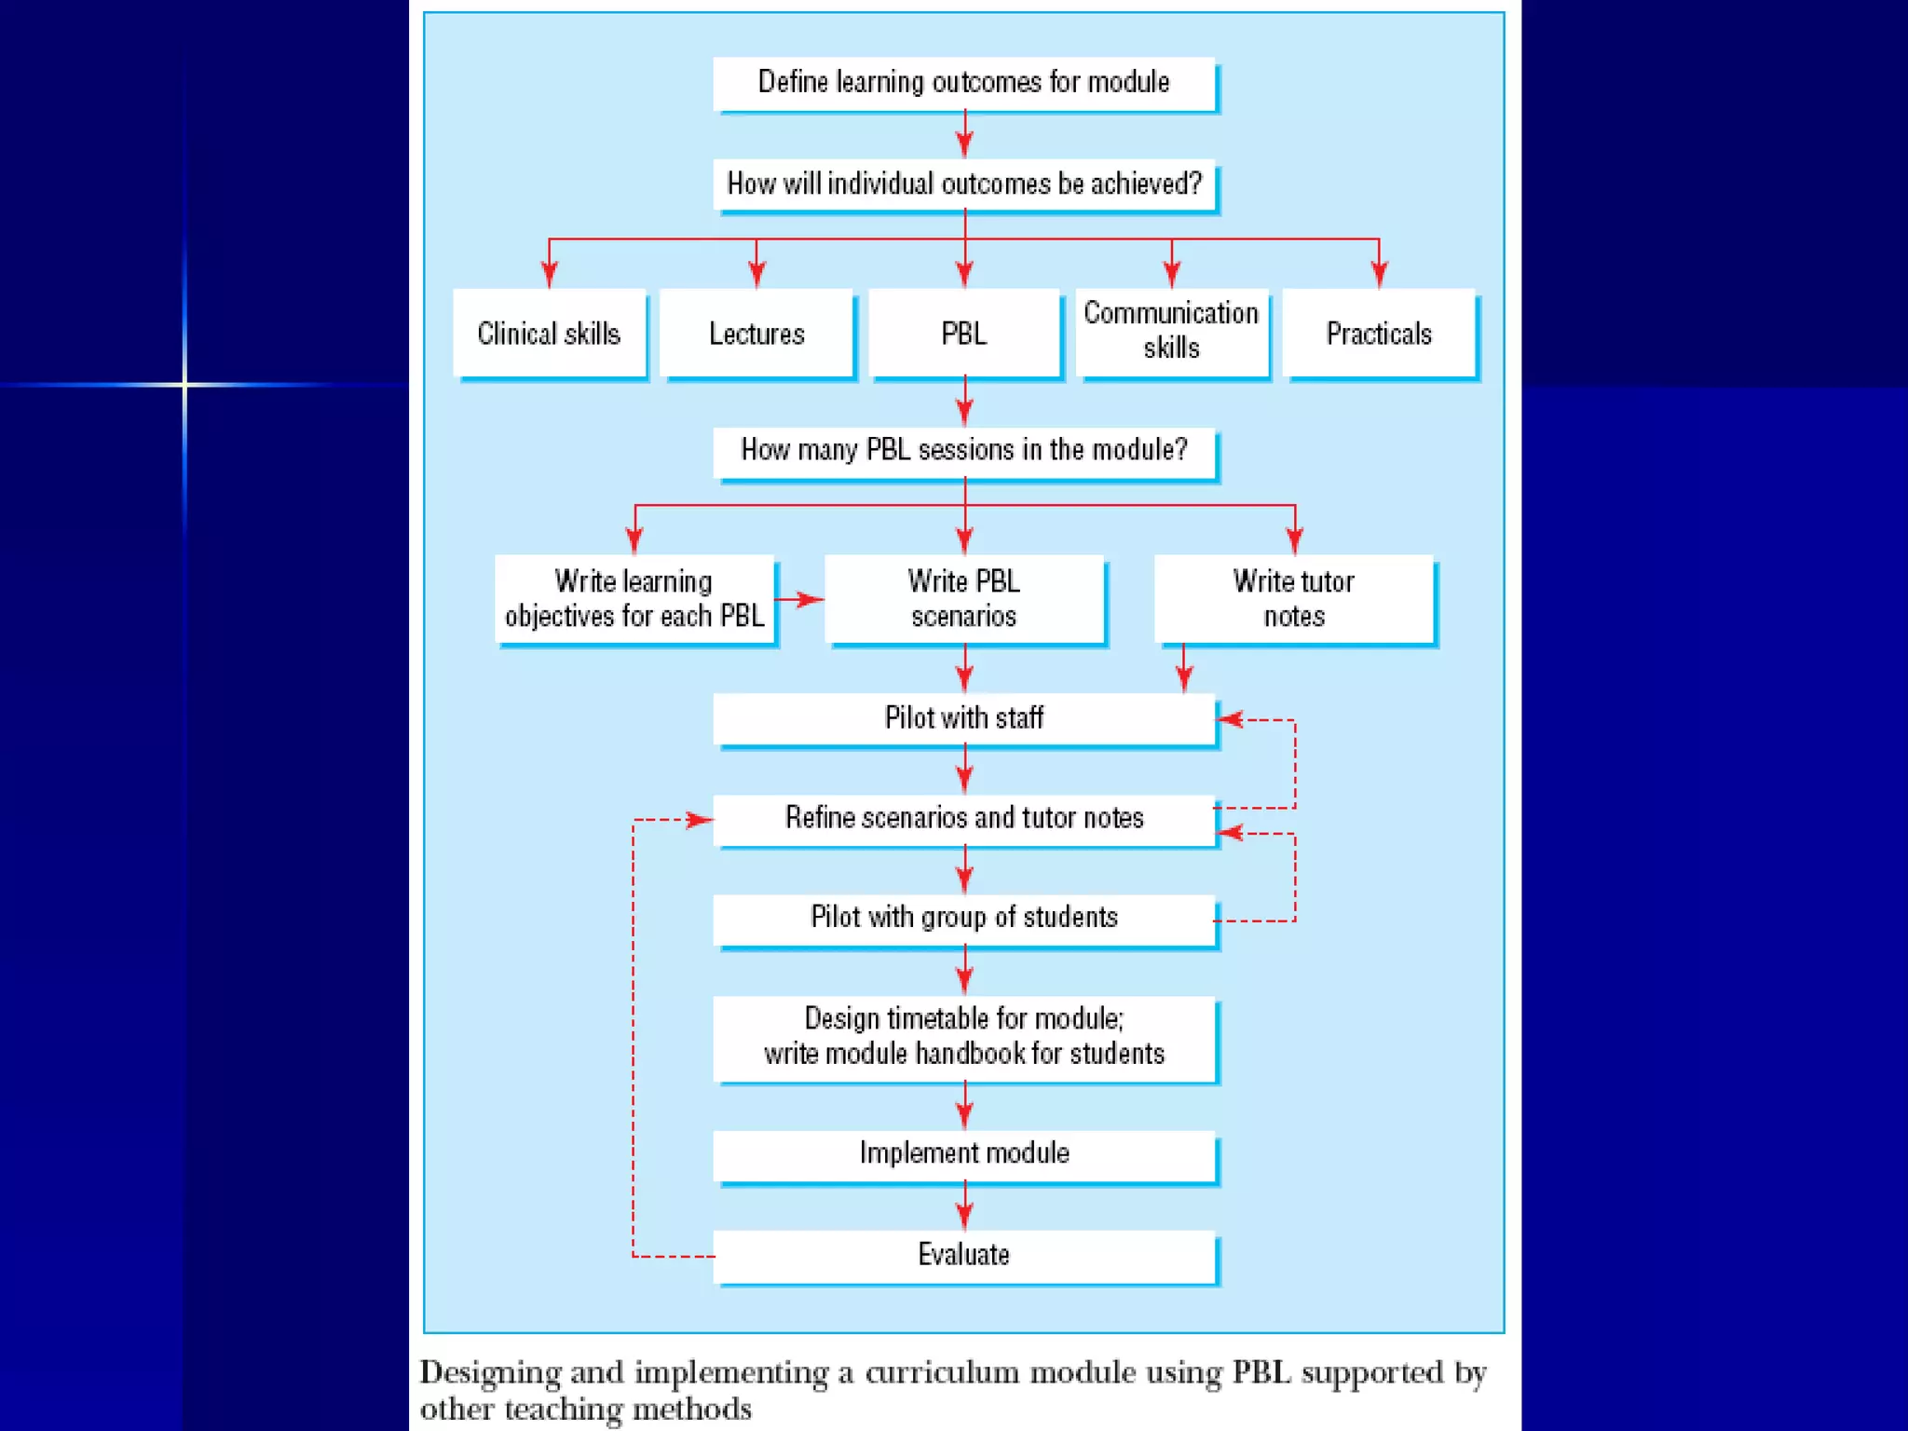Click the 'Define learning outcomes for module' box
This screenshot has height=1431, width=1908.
[x=963, y=83]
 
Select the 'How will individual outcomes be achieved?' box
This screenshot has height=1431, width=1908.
[x=963, y=184]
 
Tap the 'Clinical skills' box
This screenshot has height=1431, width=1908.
[x=549, y=333]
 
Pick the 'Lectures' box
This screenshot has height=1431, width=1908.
[x=756, y=333]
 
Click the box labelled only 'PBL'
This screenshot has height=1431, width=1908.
[x=963, y=333]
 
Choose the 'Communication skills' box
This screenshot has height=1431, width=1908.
[x=1171, y=331]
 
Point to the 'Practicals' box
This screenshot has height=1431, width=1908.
[x=1379, y=333]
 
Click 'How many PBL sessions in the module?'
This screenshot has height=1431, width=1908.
[x=963, y=450]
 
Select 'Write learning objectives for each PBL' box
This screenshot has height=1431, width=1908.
[x=634, y=598]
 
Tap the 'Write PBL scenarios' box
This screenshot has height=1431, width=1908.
[x=963, y=598]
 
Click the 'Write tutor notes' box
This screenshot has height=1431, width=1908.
[x=1293, y=598]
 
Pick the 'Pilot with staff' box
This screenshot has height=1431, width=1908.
[x=963, y=717]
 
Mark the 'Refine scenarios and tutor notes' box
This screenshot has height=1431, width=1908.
[x=963, y=818]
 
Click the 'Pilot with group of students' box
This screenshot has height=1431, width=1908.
[x=963, y=918]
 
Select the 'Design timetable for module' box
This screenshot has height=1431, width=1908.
[x=963, y=1036]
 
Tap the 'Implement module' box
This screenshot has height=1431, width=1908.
[x=963, y=1153]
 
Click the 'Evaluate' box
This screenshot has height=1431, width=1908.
[x=963, y=1255]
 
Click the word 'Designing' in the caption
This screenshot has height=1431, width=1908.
[x=490, y=1373]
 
